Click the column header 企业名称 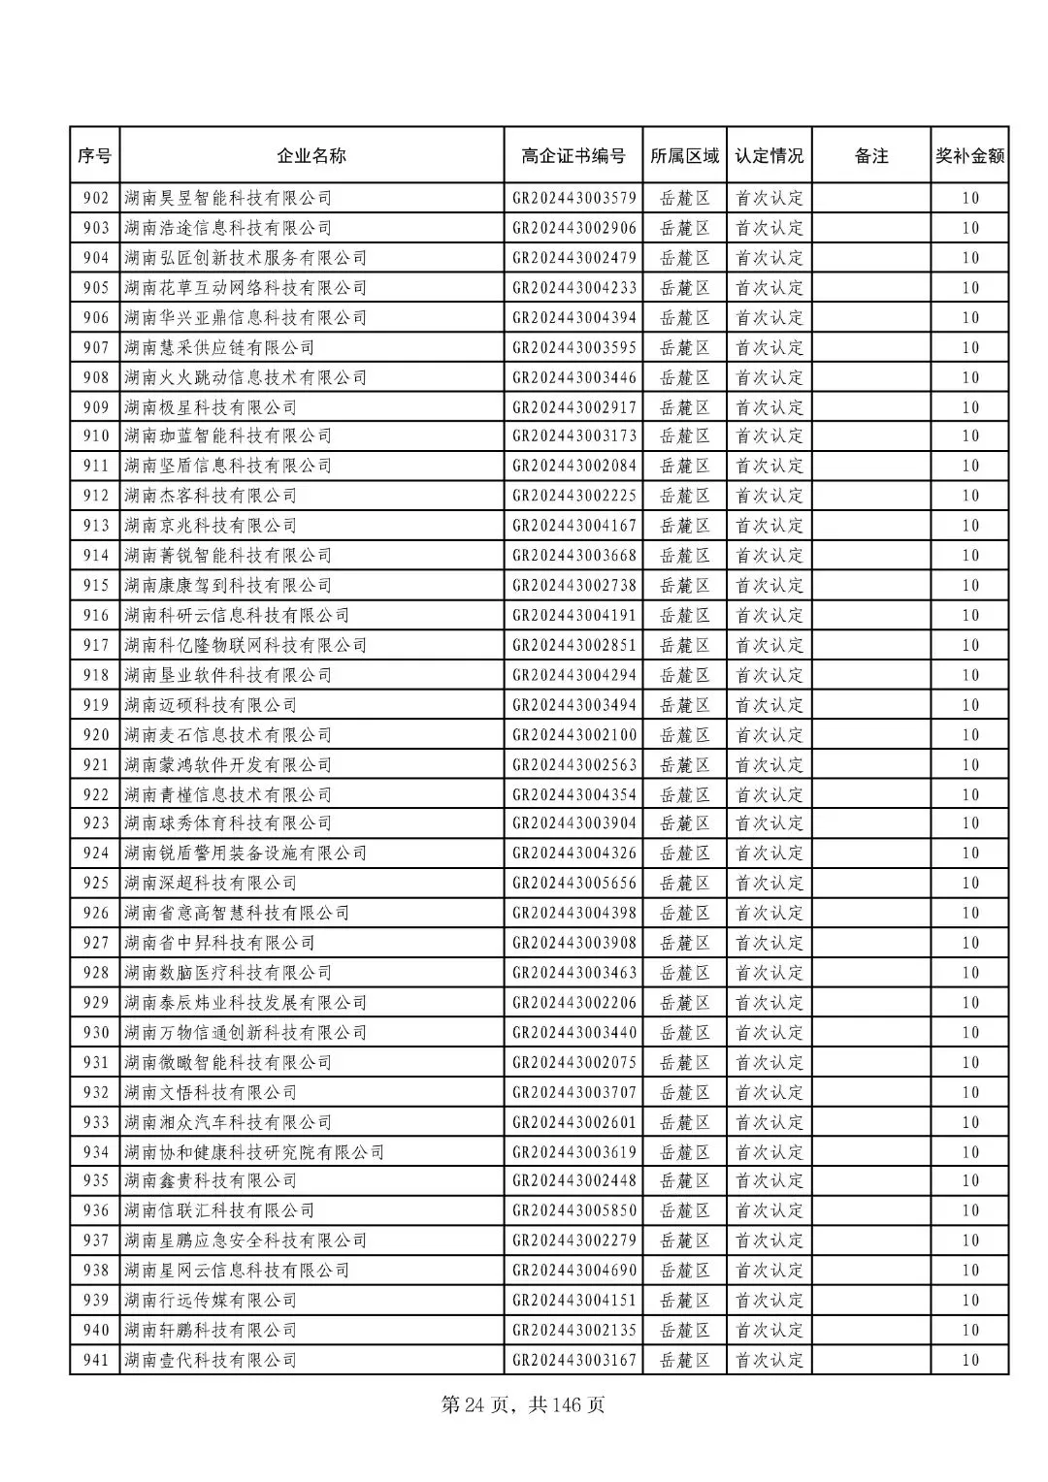(311, 155)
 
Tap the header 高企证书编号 (573, 155)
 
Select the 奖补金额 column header (969, 155)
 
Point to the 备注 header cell (871, 155)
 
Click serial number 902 (95, 198)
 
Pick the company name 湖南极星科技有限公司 (211, 407)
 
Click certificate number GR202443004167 (574, 526)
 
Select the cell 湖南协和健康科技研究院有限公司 (254, 1152)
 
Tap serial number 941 (95, 1360)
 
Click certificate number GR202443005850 (574, 1210)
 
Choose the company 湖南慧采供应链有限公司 (219, 347)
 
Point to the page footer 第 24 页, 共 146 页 (523, 1404)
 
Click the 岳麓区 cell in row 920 (685, 735)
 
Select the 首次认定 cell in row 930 (770, 1032)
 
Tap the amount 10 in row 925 (970, 883)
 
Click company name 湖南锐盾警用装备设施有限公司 (246, 854)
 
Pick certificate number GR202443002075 (574, 1062)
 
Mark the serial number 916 (95, 615)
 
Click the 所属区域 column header (685, 155)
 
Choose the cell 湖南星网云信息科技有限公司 (237, 1271)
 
